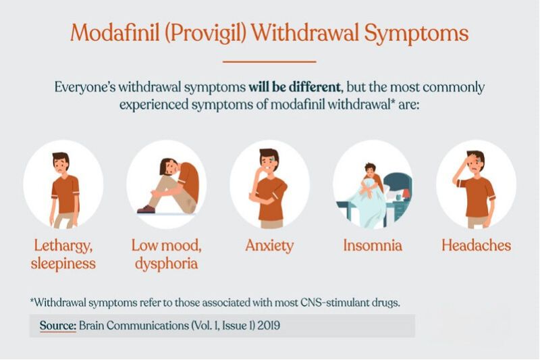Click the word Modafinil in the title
pos(115,32)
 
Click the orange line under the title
pos(269,61)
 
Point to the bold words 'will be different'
pos(294,87)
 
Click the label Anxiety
pos(269,246)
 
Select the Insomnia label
pos(373,245)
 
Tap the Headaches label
pos(477,245)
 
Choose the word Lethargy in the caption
pos(63,246)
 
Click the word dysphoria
pos(166,264)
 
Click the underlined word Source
pos(58,326)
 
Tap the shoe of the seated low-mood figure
pos(146,209)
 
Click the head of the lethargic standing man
pos(61,163)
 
